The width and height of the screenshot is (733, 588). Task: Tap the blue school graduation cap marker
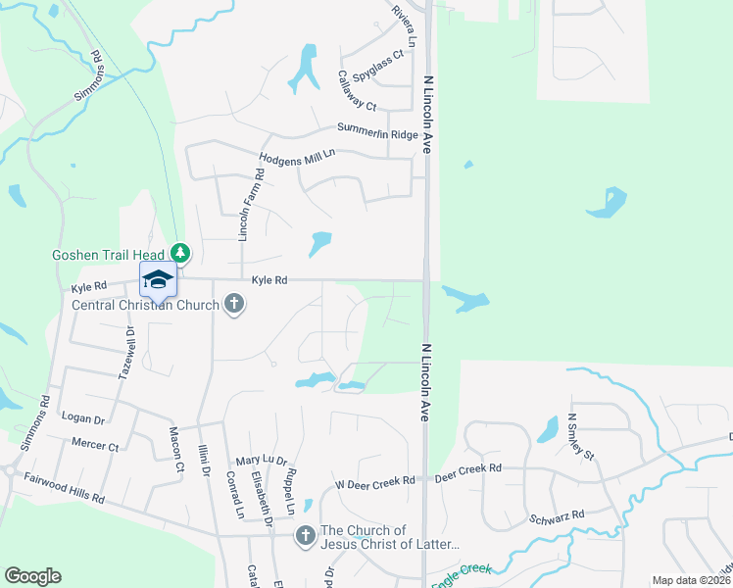click(157, 279)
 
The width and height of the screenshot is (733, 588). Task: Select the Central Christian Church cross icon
click(233, 304)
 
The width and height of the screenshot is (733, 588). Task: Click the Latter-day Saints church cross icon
click(305, 536)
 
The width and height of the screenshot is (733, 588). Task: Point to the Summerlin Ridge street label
click(377, 129)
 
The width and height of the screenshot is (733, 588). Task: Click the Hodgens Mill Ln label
click(297, 155)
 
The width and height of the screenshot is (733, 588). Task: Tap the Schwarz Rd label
click(556, 514)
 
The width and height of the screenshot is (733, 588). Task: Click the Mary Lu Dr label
click(261, 461)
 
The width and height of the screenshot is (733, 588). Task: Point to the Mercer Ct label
click(95, 444)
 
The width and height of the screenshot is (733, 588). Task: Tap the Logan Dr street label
click(83, 417)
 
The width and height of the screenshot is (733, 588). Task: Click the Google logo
click(32, 576)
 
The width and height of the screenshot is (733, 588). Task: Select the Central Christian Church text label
click(148, 304)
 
